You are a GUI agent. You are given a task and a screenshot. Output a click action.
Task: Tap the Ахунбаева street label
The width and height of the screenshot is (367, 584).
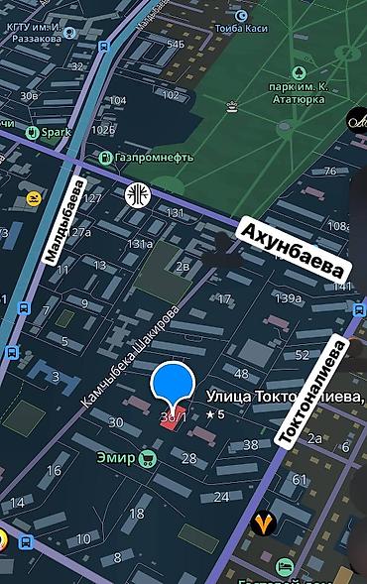click(x=294, y=250)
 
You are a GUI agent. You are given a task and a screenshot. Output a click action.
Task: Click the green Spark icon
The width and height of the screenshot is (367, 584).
click(x=34, y=131)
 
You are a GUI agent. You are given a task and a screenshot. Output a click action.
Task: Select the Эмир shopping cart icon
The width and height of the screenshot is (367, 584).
click(x=148, y=459)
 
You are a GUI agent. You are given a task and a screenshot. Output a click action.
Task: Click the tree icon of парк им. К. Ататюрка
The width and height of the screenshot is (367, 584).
click(x=298, y=71)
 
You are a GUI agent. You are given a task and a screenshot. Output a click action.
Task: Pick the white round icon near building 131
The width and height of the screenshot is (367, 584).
click(x=136, y=193)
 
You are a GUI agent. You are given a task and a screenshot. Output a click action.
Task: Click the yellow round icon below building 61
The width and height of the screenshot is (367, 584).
click(x=263, y=521)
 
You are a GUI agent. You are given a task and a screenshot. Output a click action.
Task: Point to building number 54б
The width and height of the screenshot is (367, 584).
click(x=175, y=45)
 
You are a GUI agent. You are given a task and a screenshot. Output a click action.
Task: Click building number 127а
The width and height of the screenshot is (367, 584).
click(x=80, y=233)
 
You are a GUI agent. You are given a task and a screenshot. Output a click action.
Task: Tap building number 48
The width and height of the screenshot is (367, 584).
click(x=241, y=374)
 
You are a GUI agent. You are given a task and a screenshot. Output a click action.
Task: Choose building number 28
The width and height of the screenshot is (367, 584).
click(x=188, y=458)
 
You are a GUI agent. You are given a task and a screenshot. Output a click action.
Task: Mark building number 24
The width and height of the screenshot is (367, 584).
click(x=221, y=497)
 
